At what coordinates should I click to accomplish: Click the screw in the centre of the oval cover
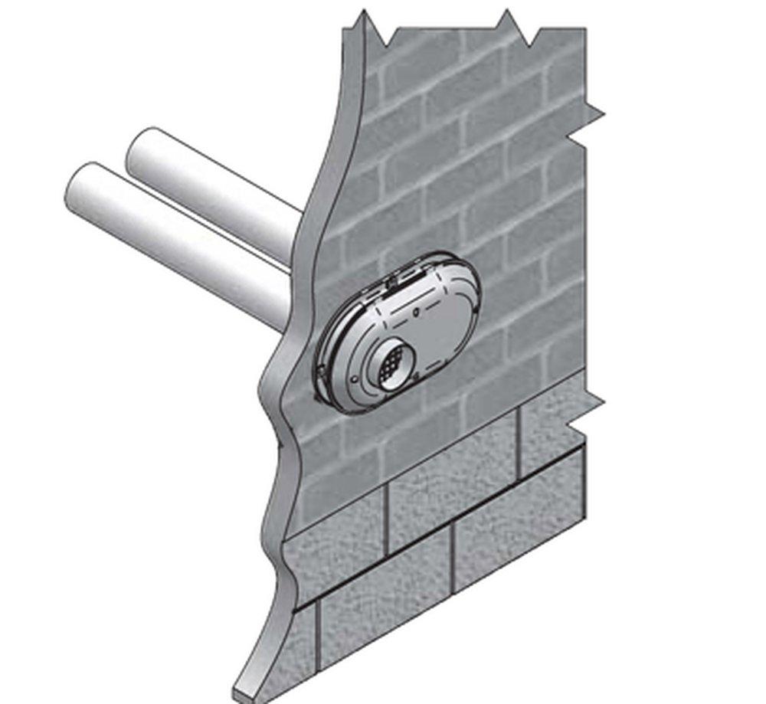point(414,313)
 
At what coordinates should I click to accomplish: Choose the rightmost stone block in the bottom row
point(521,543)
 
